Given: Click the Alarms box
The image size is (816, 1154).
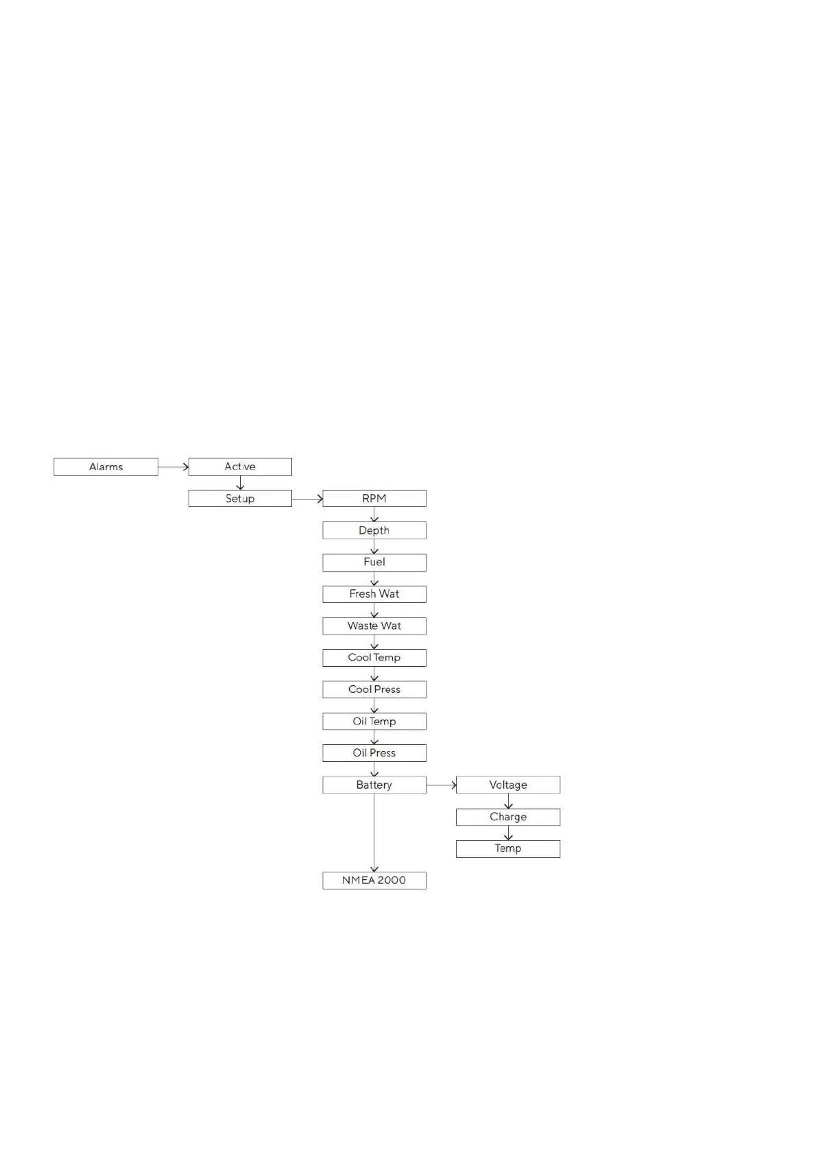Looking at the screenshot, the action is (106, 467).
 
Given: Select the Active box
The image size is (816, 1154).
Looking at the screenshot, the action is (240, 467).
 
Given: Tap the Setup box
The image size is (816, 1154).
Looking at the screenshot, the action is (240, 498).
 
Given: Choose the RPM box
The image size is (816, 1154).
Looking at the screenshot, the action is (374, 498).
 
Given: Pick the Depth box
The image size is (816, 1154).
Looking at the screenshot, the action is (374, 530).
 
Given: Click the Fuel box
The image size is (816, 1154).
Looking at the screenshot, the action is (374, 562).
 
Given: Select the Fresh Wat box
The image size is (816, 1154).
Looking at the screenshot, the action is (374, 594).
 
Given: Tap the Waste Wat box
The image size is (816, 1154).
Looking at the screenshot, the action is (374, 626).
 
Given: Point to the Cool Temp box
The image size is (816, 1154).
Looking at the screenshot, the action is (374, 657).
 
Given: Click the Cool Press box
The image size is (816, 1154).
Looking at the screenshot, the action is (374, 689).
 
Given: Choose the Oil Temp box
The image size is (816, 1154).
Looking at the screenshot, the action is (374, 721).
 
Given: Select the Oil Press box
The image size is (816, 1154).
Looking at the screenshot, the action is (374, 752).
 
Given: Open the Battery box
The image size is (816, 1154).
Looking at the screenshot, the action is (374, 785).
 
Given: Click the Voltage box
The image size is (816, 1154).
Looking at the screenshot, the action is (508, 785).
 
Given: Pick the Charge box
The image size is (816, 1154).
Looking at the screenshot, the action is (508, 817).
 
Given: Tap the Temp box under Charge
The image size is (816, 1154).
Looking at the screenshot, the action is (508, 848).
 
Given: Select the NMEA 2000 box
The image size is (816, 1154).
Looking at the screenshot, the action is (374, 880).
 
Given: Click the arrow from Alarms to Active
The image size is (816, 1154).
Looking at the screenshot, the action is (173, 467).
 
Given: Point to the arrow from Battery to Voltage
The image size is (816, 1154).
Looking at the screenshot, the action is (441, 785).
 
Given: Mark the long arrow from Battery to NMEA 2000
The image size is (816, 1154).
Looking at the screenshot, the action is (374, 833).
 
